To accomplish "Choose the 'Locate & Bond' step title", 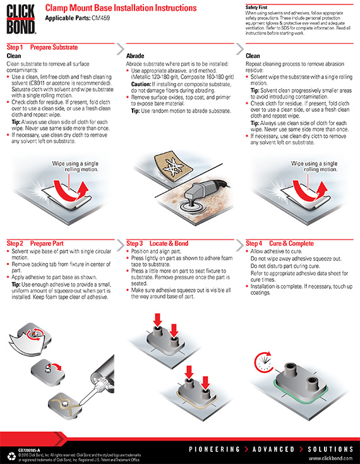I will click(169, 243).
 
